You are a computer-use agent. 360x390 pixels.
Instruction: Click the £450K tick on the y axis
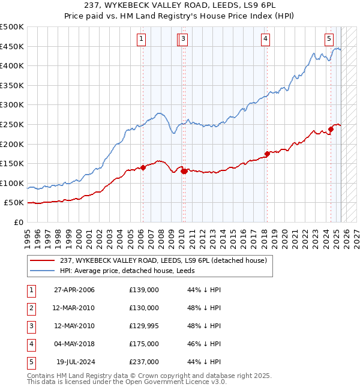coord(12,46)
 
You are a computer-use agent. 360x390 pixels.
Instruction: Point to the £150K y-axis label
coord(12,163)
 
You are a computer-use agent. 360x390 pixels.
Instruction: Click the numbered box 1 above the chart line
coord(141,40)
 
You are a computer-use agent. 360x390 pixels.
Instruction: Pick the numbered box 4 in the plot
coord(265,40)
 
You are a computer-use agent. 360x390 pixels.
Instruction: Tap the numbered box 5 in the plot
coord(329,40)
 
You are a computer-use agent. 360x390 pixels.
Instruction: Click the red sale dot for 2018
coord(267,153)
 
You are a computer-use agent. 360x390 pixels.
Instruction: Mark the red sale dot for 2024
coord(331,129)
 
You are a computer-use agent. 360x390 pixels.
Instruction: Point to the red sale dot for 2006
coord(143,167)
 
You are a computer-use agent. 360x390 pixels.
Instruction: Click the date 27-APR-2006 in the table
coord(74,290)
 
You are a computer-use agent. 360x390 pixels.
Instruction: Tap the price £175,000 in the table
coord(144,344)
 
